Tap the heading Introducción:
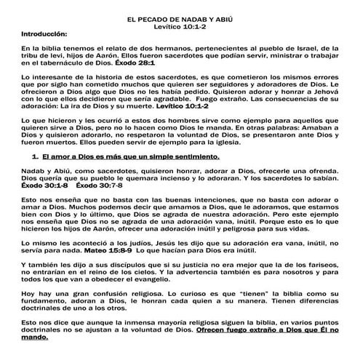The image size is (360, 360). [44, 33]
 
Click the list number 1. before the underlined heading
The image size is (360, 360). [34, 156]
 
